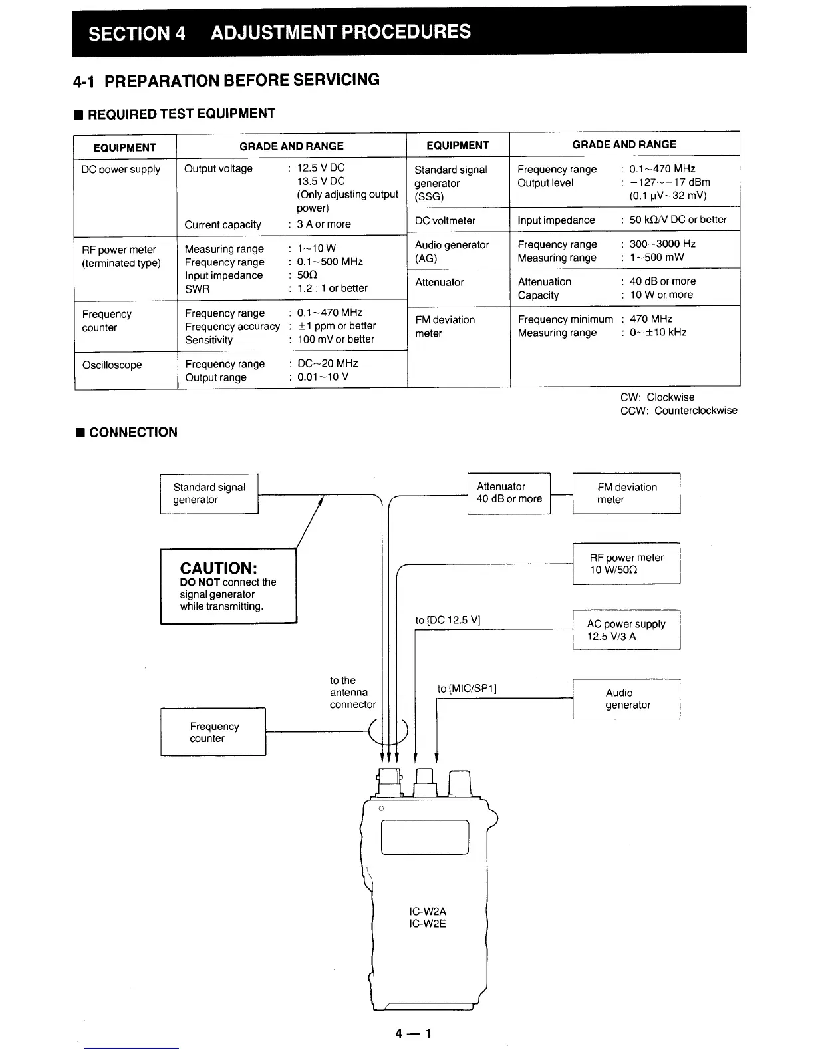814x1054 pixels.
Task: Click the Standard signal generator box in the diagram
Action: click(x=209, y=494)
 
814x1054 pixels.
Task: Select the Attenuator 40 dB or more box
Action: click(x=509, y=493)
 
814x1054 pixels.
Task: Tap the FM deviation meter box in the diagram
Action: click(x=626, y=493)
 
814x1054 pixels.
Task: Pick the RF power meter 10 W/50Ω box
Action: click(x=626, y=564)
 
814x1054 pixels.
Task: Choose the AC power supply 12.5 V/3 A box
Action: click(x=626, y=629)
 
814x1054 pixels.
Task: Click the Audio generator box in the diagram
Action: click(x=626, y=699)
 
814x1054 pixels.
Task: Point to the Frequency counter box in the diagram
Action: click(x=213, y=732)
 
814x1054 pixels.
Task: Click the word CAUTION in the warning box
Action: click(x=218, y=568)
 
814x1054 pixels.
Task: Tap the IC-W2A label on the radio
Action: click(x=428, y=912)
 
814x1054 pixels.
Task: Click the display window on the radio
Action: click(x=425, y=837)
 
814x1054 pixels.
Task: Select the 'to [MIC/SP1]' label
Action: click(x=467, y=689)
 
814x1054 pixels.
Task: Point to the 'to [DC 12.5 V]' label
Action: click(x=448, y=620)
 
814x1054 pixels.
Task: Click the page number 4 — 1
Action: click(x=413, y=1033)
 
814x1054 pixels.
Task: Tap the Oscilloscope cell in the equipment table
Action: click(x=112, y=365)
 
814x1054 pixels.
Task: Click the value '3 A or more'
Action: click(x=324, y=224)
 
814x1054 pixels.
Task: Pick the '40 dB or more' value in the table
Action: click(x=662, y=281)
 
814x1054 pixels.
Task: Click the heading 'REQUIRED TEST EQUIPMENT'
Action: click(x=181, y=114)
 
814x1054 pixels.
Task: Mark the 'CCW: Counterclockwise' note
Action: click(x=678, y=411)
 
